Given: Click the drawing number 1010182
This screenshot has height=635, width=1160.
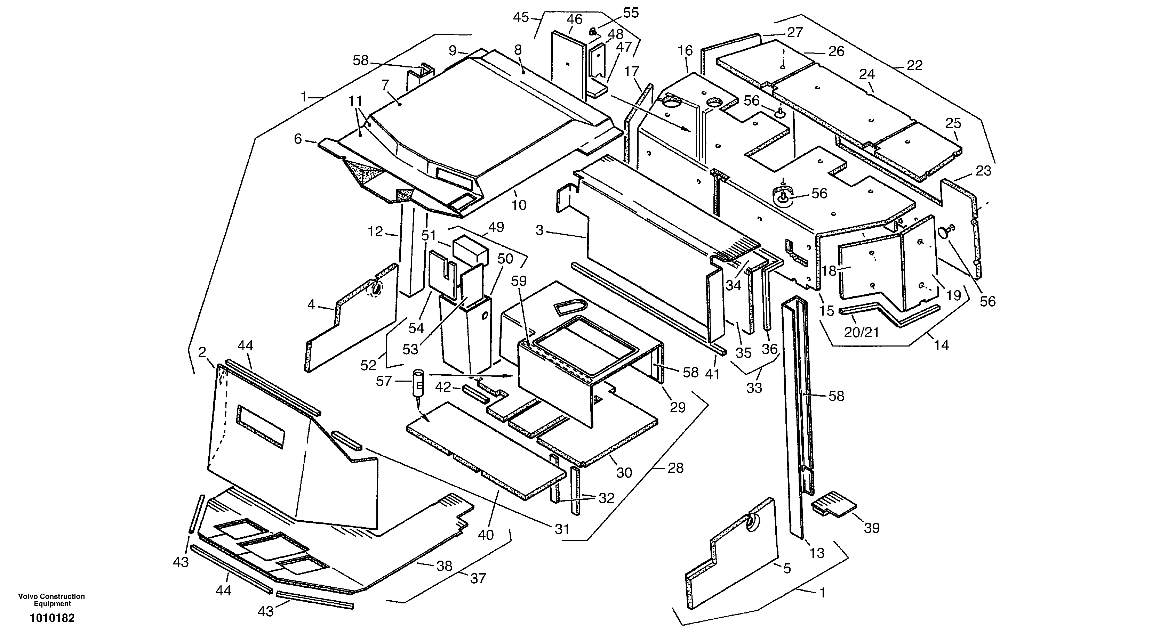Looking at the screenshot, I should coord(52,618).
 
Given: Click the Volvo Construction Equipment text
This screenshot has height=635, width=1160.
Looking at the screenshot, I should coord(51,600).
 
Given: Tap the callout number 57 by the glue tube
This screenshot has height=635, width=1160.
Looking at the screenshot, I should coord(384,382).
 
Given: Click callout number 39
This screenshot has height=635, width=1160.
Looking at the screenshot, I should coord(871,528).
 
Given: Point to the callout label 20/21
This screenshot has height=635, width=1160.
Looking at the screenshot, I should coord(861,332).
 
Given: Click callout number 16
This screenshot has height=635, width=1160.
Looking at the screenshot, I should coord(685,51).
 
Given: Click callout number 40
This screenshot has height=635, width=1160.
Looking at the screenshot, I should coord(486,535).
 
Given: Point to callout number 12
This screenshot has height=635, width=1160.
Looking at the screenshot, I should coord(375,232).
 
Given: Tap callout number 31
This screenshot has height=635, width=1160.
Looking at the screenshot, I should coord(562,529).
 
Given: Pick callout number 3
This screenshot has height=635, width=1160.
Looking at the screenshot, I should coord(539,230).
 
